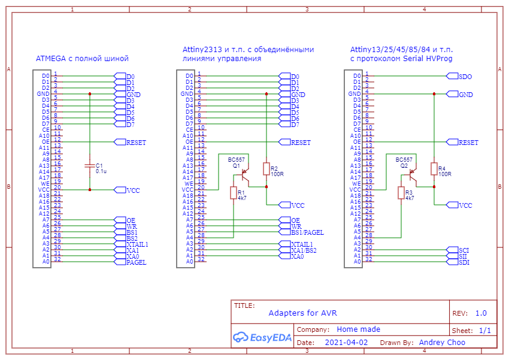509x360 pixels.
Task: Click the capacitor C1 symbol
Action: pyautogui.click(x=90, y=165)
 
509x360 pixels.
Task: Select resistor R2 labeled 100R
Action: pyautogui.click(x=266, y=169)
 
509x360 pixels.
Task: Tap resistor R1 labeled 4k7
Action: pyautogui.click(x=234, y=193)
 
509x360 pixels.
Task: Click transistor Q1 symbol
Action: pyautogui.click(x=245, y=175)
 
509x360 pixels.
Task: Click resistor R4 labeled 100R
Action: pyautogui.click(x=434, y=169)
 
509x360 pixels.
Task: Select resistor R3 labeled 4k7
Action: pyautogui.click(x=401, y=193)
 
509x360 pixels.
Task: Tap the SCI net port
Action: pyautogui.click(x=458, y=250)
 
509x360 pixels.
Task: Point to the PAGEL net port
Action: pyautogui.click(x=130, y=262)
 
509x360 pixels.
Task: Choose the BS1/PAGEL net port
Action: pyautogui.click(x=301, y=232)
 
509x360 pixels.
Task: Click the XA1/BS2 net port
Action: pyautogui.click(x=298, y=250)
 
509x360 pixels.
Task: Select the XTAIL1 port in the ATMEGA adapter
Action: pyautogui.click(x=131, y=244)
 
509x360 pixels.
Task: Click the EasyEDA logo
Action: pyautogui.click(x=262, y=338)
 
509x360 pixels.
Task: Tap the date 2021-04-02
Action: pyautogui.click(x=346, y=343)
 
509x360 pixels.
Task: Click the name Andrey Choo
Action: pyautogui.click(x=442, y=343)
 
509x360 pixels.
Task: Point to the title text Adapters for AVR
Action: pyautogui.click(x=302, y=313)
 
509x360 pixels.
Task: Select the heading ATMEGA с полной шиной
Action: pyautogui.click(x=82, y=59)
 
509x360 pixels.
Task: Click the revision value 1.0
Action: pyautogui.click(x=481, y=313)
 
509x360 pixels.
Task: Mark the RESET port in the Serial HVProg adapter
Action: pyautogui.click(x=462, y=142)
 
